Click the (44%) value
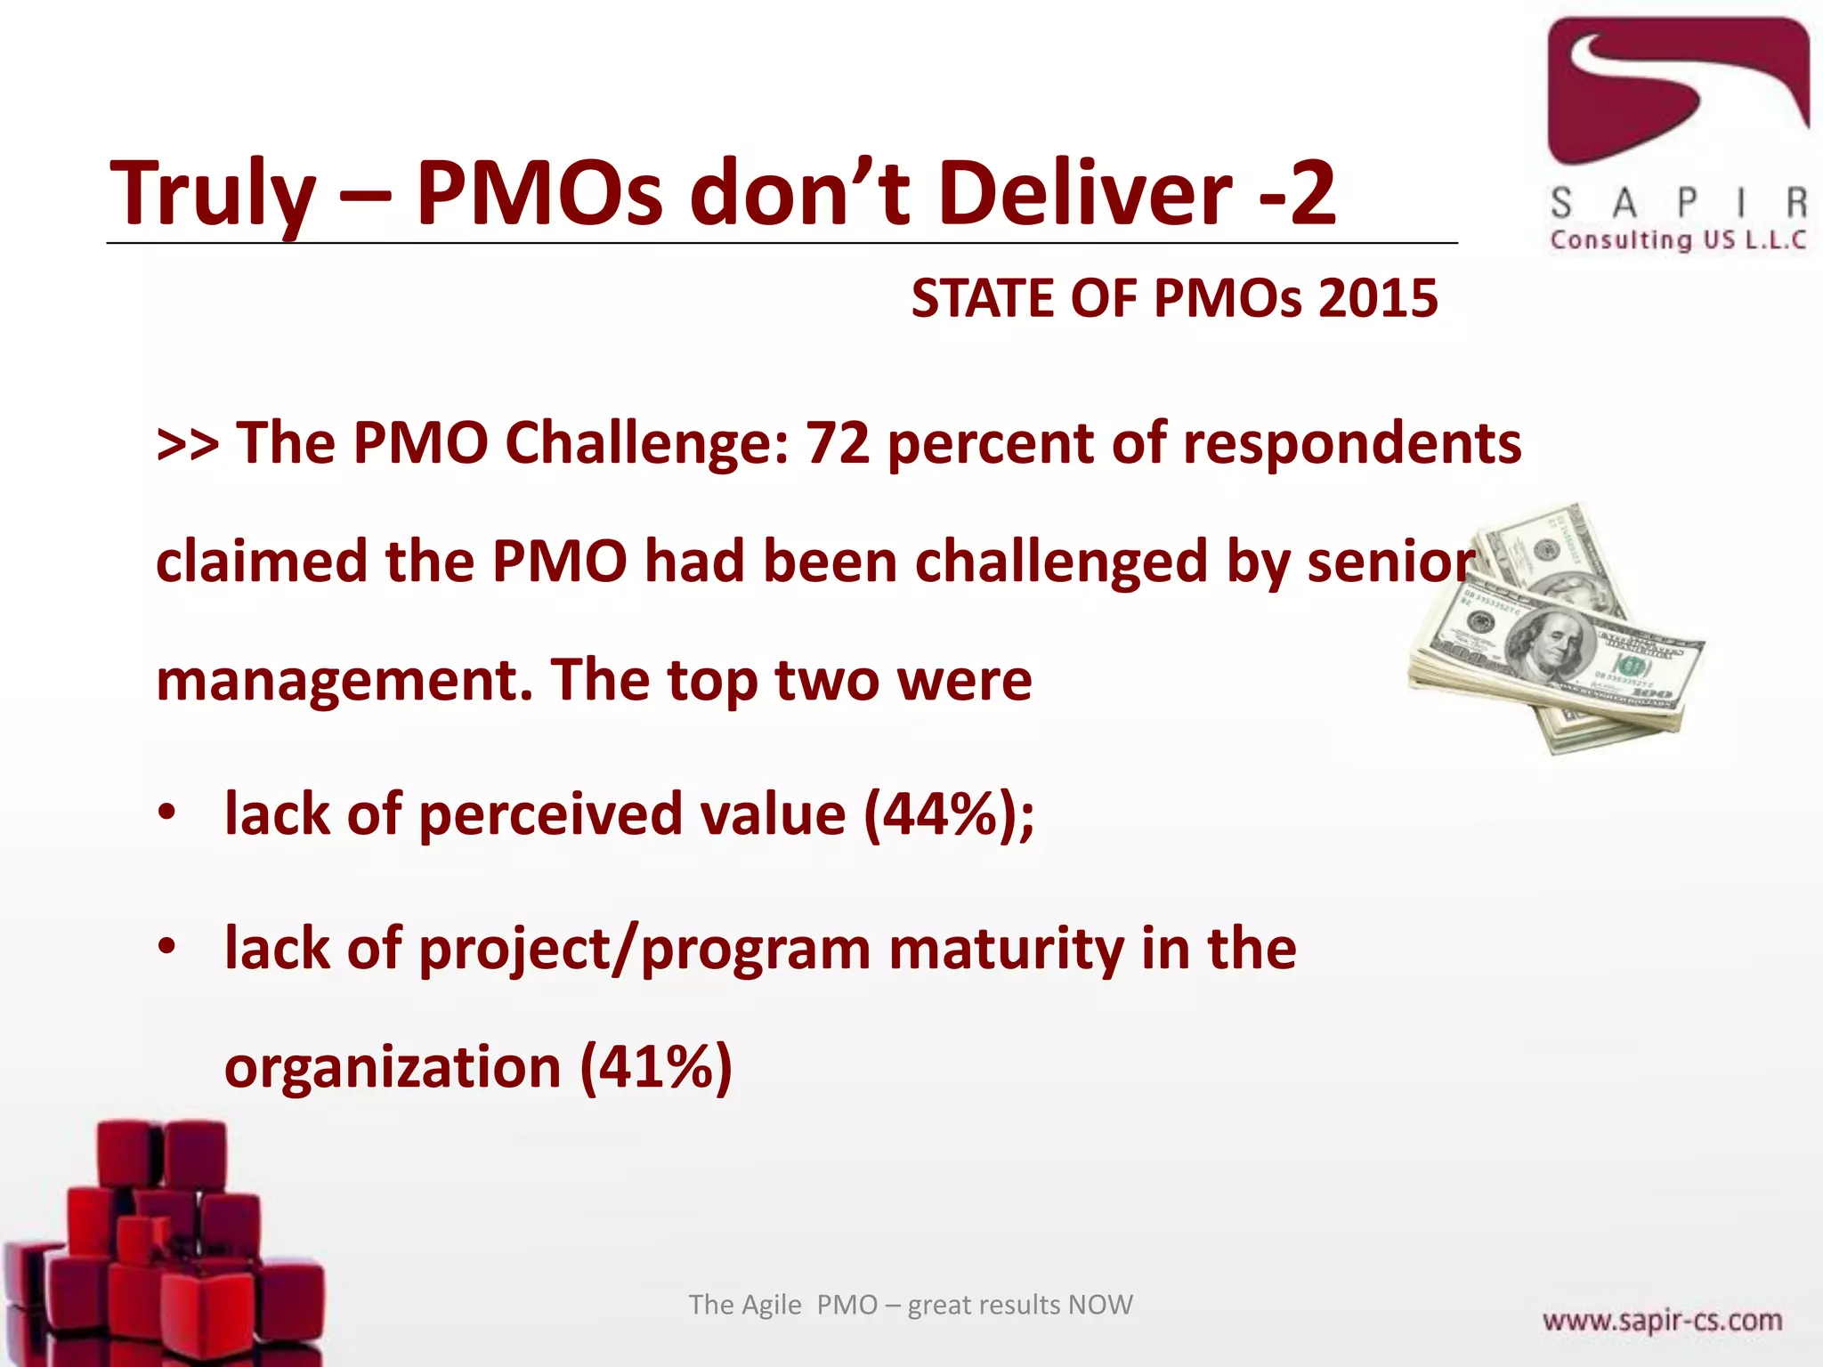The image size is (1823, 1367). pyautogui.click(x=943, y=814)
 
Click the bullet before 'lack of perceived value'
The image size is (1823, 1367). pyautogui.click(x=166, y=813)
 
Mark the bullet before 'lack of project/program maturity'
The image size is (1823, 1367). pyautogui.click(x=166, y=949)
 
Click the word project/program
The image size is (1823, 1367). pyautogui.click(x=644, y=950)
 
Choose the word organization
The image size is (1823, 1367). pyautogui.click(x=393, y=1067)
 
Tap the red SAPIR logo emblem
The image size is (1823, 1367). pyautogui.click(x=1678, y=89)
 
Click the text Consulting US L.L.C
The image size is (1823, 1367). pyautogui.click(x=1678, y=239)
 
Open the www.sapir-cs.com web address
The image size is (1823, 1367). pyautogui.click(x=1662, y=1320)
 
